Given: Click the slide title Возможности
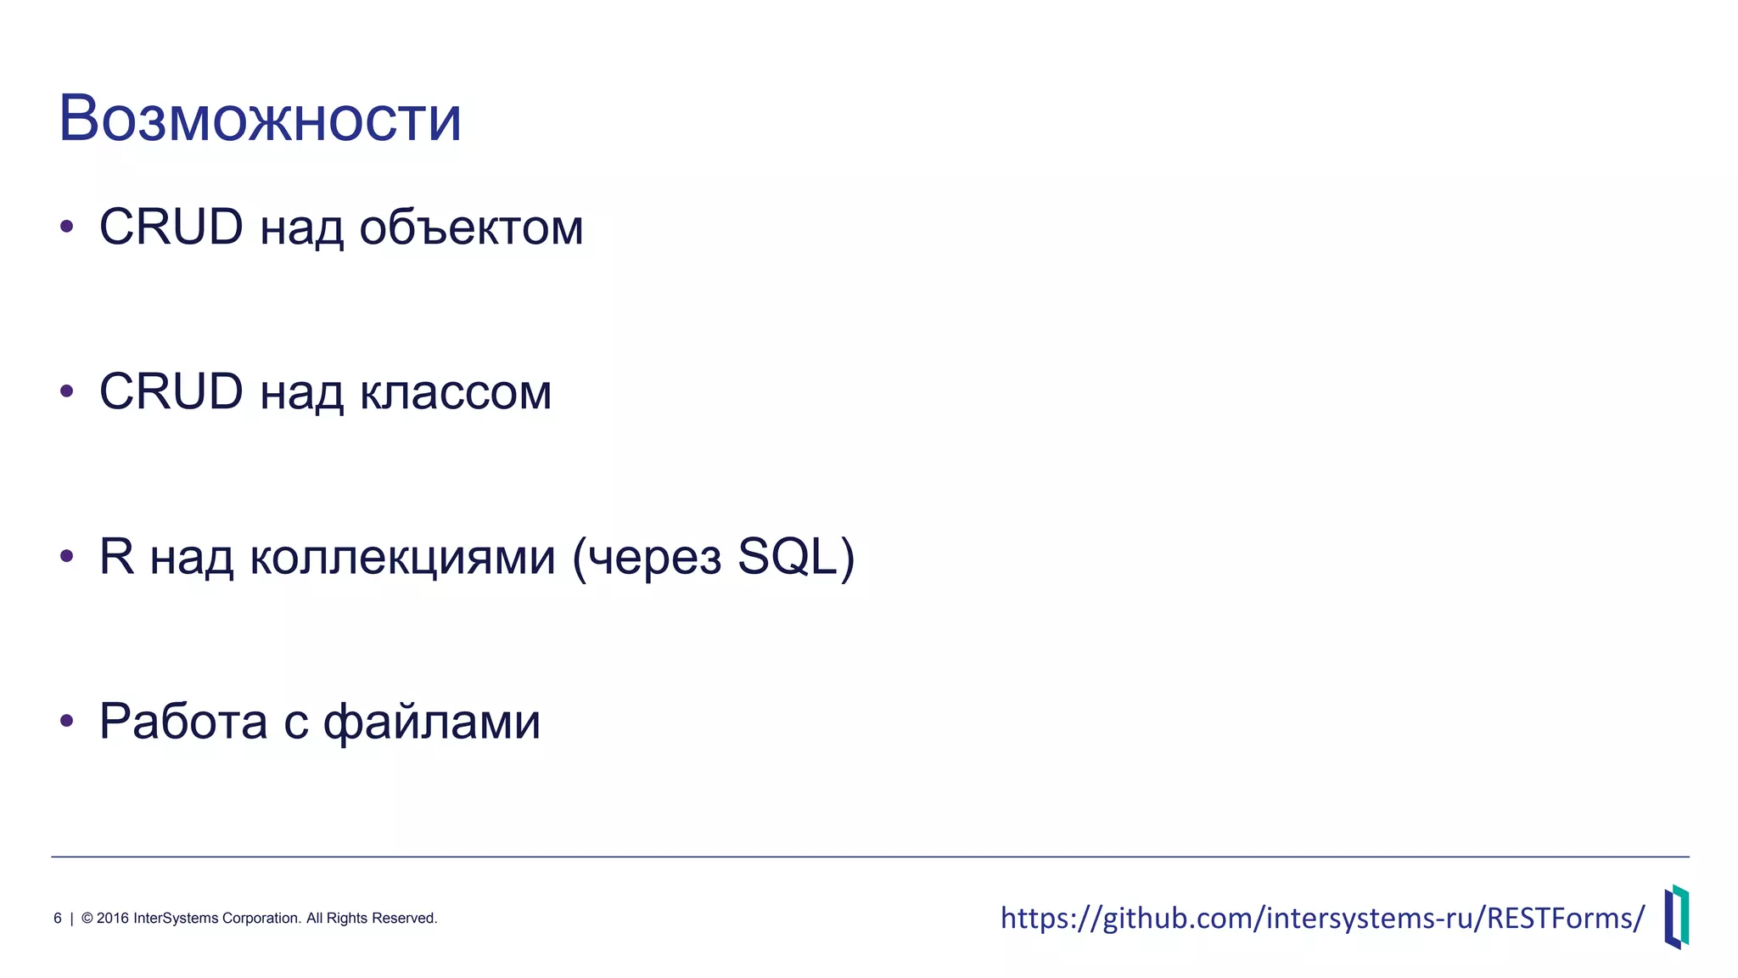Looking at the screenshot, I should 260,119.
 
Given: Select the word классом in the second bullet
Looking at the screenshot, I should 455,392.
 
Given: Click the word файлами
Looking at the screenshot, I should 431,722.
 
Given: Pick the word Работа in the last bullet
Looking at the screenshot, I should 183,722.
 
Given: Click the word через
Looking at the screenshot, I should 654,559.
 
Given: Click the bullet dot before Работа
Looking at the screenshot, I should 67,721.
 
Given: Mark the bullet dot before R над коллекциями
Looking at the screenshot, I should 67,556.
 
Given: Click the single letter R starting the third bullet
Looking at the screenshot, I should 116,556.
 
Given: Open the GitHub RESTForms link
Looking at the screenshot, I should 1322,918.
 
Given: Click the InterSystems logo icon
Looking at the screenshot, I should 1676,917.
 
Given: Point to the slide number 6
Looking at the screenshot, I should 58,919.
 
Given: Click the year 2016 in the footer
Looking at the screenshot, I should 113,919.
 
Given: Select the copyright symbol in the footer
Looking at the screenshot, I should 87,919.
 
